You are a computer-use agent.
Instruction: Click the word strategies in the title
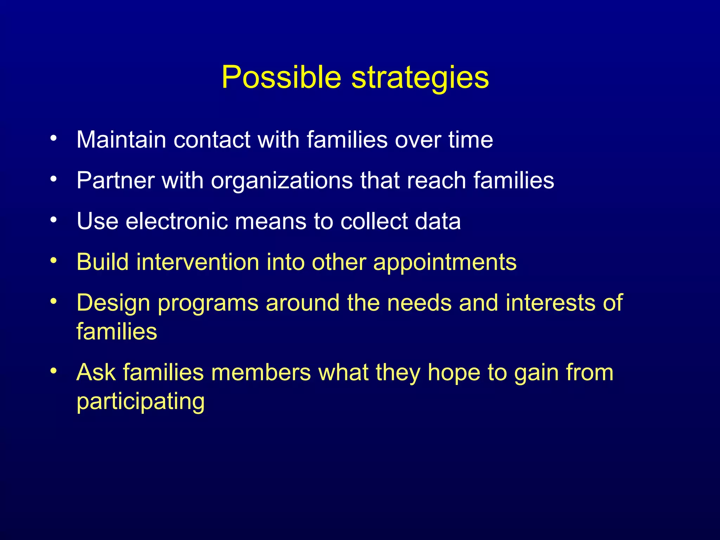(420, 78)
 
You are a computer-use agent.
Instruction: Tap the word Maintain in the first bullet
(121, 140)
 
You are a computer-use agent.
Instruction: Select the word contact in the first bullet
(212, 140)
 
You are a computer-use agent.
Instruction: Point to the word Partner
(116, 180)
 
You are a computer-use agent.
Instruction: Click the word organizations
(282, 180)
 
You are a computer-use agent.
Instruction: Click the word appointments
(445, 262)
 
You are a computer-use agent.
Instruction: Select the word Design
(113, 303)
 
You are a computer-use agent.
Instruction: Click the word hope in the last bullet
(454, 373)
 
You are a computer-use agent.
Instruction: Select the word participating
(141, 401)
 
